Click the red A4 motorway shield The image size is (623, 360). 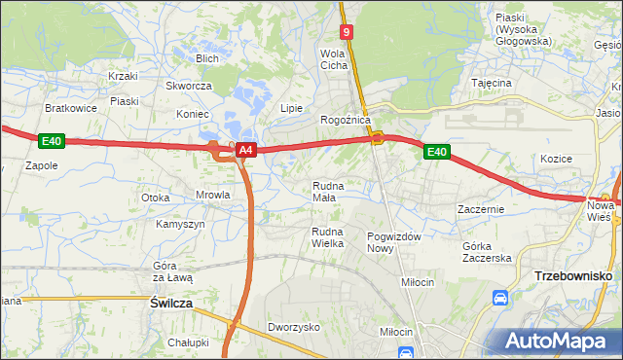click(x=246, y=150)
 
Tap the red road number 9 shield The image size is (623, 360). click(x=348, y=33)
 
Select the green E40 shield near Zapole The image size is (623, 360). click(x=52, y=142)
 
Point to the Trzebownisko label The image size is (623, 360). click(x=573, y=277)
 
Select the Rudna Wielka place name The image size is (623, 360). click(x=327, y=236)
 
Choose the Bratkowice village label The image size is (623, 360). click(x=70, y=108)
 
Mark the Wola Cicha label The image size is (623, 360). click(x=334, y=59)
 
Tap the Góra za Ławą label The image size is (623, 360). click(x=173, y=271)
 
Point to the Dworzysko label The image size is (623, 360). click(x=294, y=328)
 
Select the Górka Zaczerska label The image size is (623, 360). click(x=487, y=251)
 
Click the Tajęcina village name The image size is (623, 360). click(x=492, y=84)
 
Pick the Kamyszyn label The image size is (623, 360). click(x=180, y=224)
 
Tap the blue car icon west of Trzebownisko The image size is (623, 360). click(x=500, y=297)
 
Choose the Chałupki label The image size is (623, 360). click(x=188, y=342)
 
